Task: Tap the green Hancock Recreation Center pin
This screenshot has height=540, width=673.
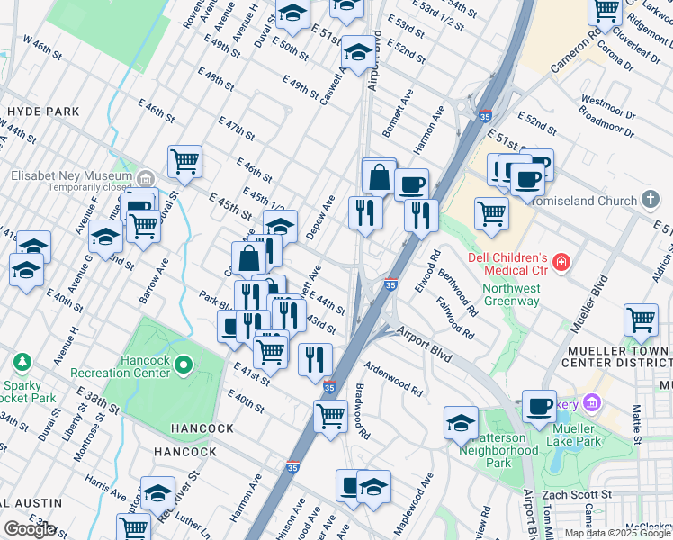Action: (184, 365)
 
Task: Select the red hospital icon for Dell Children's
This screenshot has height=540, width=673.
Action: (561, 262)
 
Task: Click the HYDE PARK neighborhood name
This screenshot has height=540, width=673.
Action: (42, 112)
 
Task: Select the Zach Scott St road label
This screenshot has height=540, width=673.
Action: (580, 495)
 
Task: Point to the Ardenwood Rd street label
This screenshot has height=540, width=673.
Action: (393, 379)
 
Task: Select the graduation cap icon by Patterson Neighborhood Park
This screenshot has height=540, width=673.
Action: (461, 422)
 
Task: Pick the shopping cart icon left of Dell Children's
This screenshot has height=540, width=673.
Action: (491, 213)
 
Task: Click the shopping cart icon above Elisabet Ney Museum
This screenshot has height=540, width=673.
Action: (184, 161)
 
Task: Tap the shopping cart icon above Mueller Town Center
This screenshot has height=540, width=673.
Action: (640, 319)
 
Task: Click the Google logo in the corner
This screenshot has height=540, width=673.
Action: (30, 529)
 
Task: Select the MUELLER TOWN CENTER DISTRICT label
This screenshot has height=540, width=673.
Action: (616, 355)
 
